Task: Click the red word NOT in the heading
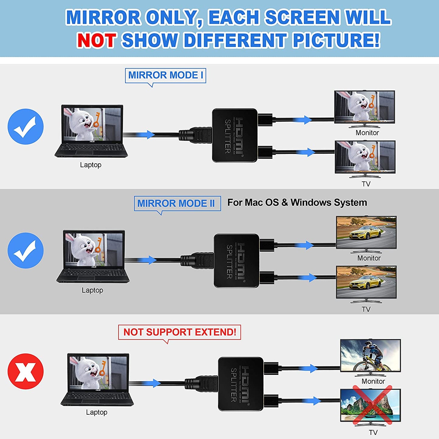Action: (x=97, y=40)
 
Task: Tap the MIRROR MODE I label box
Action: (x=165, y=75)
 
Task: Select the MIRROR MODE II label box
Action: (x=177, y=203)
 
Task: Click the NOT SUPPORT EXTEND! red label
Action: (x=180, y=332)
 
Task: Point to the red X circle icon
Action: (x=26, y=371)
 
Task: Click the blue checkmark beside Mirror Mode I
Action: (x=26, y=126)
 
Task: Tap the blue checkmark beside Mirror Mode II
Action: (x=26, y=250)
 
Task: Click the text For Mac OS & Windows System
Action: (x=297, y=202)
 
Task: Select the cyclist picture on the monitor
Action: (x=370, y=355)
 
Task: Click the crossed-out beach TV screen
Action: (x=370, y=405)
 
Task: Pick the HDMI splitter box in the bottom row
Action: (x=241, y=384)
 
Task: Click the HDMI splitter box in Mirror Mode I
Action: (x=235, y=135)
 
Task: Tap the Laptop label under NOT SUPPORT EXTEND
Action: (x=97, y=412)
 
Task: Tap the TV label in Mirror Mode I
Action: (x=366, y=184)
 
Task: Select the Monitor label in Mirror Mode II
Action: (x=369, y=258)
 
